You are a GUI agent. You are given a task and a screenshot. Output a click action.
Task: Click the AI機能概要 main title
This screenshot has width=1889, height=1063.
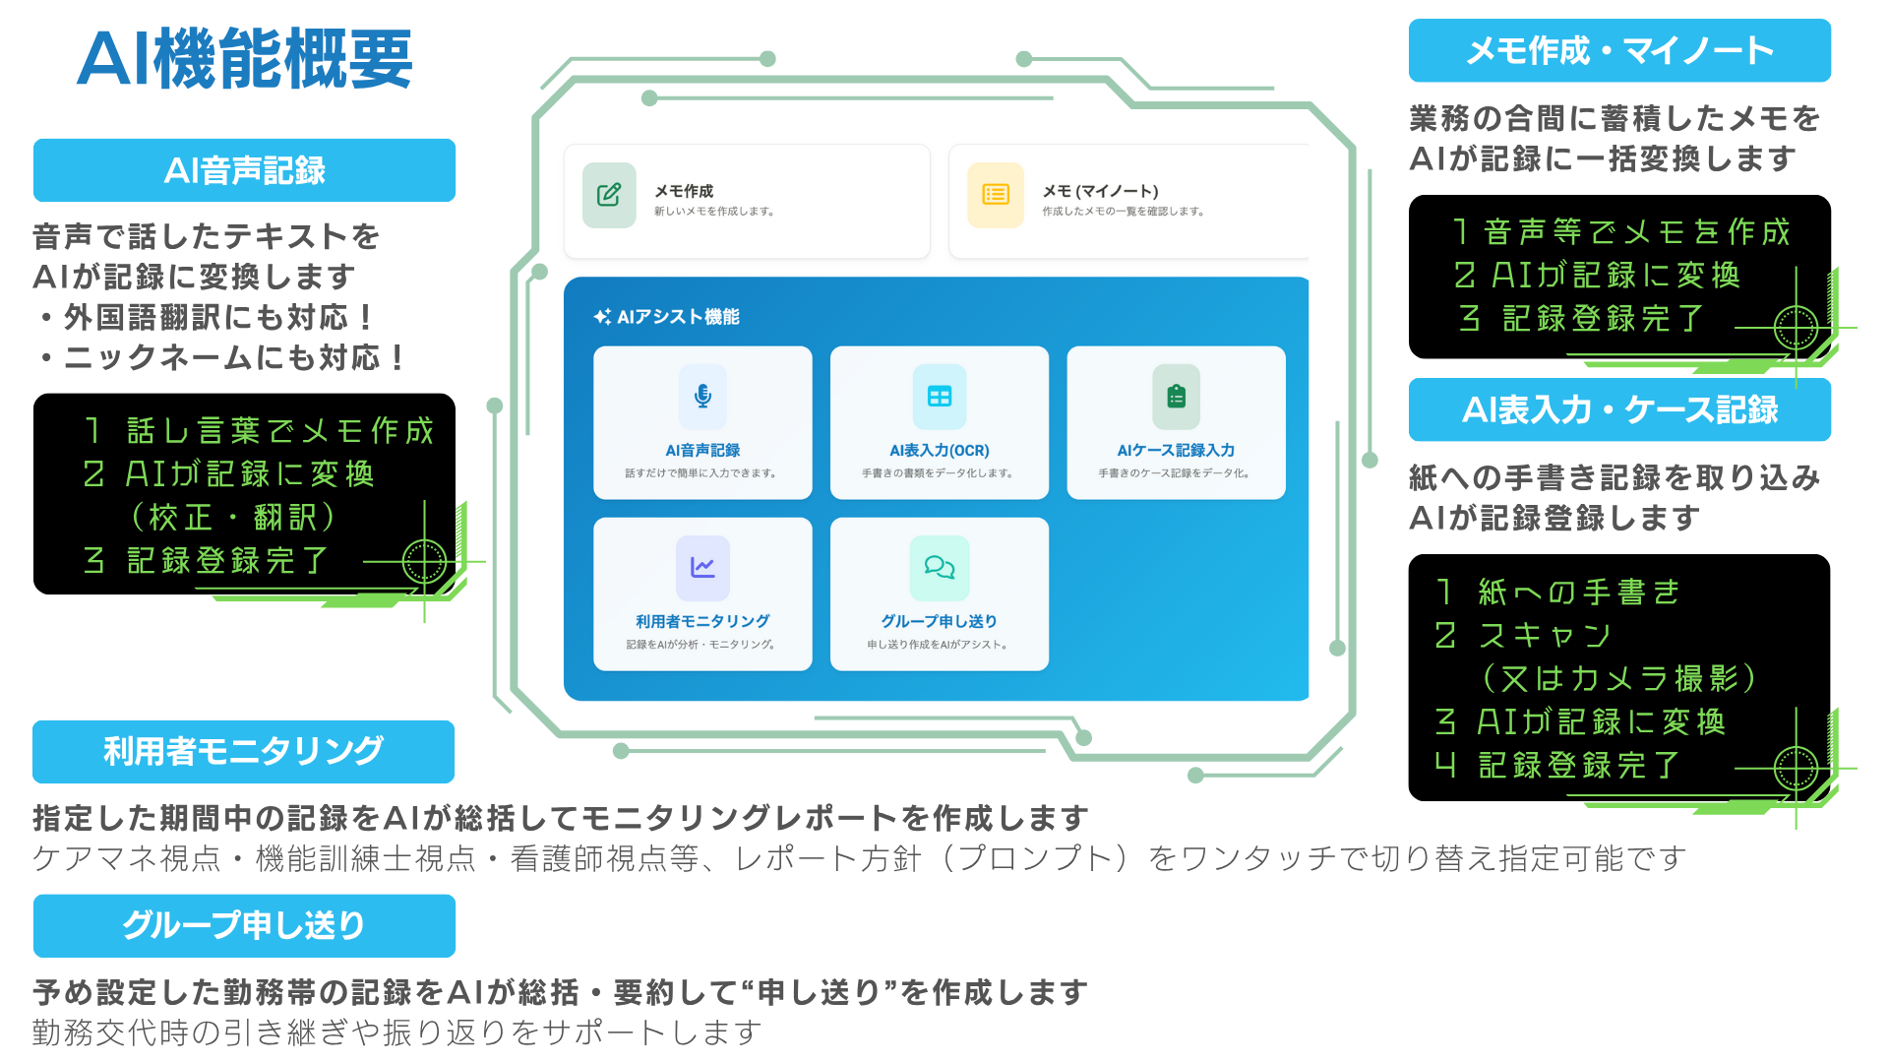(244, 59)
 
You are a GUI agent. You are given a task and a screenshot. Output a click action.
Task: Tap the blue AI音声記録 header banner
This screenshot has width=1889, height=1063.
(244, 170)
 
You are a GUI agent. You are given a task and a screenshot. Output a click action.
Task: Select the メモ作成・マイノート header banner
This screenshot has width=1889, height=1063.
(1619, 50)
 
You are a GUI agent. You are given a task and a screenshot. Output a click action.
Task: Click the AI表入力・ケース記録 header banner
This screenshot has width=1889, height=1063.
(1619, 409)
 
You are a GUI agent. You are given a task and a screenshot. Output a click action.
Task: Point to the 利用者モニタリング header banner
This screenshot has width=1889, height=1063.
(243, 751)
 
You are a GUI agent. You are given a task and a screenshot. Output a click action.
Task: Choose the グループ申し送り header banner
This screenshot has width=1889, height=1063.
(244, 925)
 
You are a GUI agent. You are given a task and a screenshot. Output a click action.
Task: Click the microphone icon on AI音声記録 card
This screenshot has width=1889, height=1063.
(702, 397)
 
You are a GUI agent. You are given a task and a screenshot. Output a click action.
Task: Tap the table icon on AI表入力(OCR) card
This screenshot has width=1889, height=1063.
(940, 397)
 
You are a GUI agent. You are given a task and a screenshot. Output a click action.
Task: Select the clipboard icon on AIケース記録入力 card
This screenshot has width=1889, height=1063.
(1176, 397)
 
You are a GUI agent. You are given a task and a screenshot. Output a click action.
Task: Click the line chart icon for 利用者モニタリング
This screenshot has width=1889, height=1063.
(702, 568)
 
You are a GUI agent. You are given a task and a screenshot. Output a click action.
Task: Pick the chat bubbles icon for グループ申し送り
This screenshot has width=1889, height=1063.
(940, 568)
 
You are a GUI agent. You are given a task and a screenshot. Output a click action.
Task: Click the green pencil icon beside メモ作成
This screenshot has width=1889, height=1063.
(609, 195)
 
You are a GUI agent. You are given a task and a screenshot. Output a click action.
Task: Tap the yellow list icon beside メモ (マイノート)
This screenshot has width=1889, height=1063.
(996, 195)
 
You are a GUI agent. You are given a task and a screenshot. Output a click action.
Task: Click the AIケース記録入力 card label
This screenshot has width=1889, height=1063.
(1176, 450)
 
